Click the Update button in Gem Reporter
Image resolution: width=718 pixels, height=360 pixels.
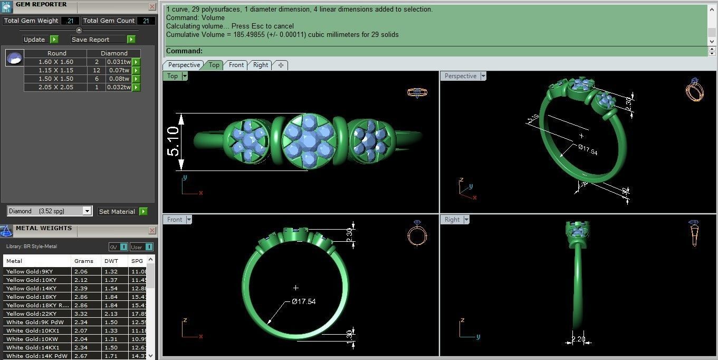(34, 40)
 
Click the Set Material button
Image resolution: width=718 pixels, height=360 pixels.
(117, 212)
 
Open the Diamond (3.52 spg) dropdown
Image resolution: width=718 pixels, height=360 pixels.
(87, 211)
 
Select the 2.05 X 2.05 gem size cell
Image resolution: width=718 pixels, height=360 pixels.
(55, 87)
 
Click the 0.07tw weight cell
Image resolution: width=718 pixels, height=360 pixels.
(119, 70)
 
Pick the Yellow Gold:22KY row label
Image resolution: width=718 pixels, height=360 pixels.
(31, 314)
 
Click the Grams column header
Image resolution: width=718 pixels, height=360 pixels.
(83, 261)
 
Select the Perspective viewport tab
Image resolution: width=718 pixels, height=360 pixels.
(184, 65)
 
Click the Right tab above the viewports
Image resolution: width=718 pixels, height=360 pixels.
(261, 65)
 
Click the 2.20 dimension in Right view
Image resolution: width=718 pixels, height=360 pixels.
(578, 339)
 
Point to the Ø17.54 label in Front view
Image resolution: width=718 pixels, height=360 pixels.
(303, 301)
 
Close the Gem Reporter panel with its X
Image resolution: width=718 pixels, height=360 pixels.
(152, 7)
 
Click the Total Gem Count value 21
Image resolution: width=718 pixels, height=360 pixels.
(146, 21)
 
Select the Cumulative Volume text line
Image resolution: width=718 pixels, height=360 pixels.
(282, 35)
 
